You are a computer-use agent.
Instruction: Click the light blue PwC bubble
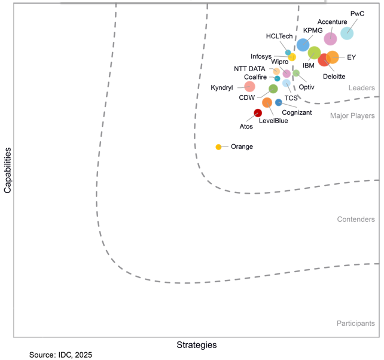(347, 33)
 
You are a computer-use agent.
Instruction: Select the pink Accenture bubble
(330, 39)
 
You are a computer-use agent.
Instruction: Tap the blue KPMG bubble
(303, 45)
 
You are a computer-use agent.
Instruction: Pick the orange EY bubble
(333, 57)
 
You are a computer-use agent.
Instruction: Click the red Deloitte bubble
(324, 60)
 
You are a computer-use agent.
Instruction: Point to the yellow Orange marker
(218, 147)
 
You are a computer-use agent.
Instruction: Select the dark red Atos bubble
(258, 113)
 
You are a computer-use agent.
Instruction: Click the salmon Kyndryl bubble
(250, 87)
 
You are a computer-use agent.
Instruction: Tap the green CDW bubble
(273, 89)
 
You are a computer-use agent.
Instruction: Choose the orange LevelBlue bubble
(267, 102)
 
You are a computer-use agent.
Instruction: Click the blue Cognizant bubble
(279, 102)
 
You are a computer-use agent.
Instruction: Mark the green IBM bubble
(314, 53)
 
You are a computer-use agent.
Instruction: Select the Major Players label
(352, 115)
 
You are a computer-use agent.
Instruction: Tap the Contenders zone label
(356, 219)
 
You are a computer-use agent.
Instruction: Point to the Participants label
(355, 324)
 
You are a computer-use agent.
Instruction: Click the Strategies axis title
(196, 345)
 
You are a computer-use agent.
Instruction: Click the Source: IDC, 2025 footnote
(60, 355)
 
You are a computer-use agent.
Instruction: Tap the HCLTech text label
(279, 37)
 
